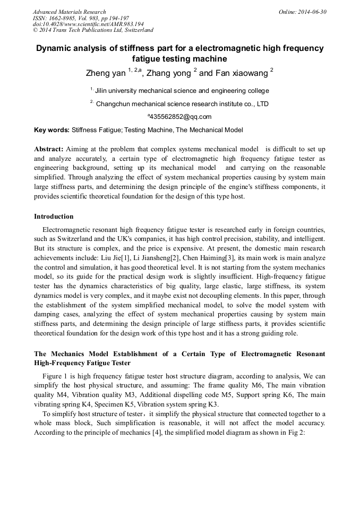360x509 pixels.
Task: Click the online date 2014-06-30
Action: (x=311, y=12)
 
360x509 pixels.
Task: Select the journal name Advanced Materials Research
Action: (x=69, y=12)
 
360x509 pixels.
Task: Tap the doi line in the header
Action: (x=88, y=24)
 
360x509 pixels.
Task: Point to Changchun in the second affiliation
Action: (x=115, y=104)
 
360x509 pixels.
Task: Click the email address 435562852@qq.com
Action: (x=180, y=117)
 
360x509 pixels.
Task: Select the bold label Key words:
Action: (x=52, y=130)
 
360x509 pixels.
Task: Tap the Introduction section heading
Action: (x=54, y=217)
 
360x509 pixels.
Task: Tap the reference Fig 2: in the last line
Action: (x=294, y=432)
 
